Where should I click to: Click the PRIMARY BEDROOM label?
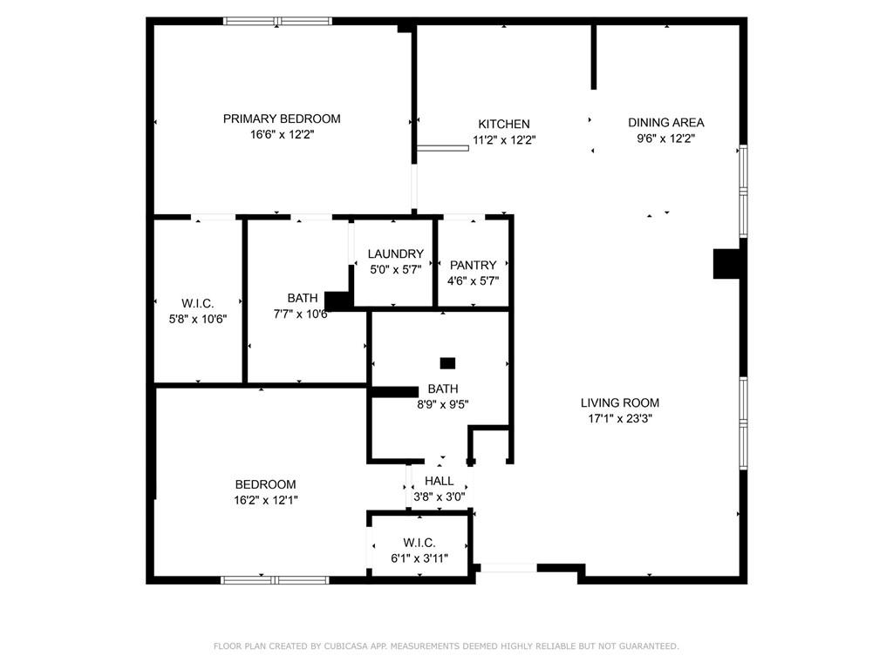(282, 118)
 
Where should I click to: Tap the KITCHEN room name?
(504, 124)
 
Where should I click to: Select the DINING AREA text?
(665, 122)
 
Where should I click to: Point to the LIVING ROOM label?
(620, 402)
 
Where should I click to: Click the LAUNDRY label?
(396, 253)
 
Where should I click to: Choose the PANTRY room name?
(474, 265)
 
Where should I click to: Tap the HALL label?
(440, 481)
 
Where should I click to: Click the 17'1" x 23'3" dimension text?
(620, 419)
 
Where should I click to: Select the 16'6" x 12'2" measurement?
(282, 135)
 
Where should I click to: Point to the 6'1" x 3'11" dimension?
(419, 558)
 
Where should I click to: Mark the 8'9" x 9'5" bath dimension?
(443, 404)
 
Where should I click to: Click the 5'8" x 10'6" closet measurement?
(198, 319)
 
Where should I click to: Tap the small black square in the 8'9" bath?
(447, 363)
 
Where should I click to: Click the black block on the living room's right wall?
(727, 264)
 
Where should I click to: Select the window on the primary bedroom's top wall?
(277, 22)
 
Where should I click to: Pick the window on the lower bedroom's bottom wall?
(275, 580)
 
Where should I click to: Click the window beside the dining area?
(743, 191)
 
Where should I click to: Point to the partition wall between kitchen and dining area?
(593, 57)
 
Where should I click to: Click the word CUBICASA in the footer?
(345, 646)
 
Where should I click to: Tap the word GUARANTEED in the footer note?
(649, 646)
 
